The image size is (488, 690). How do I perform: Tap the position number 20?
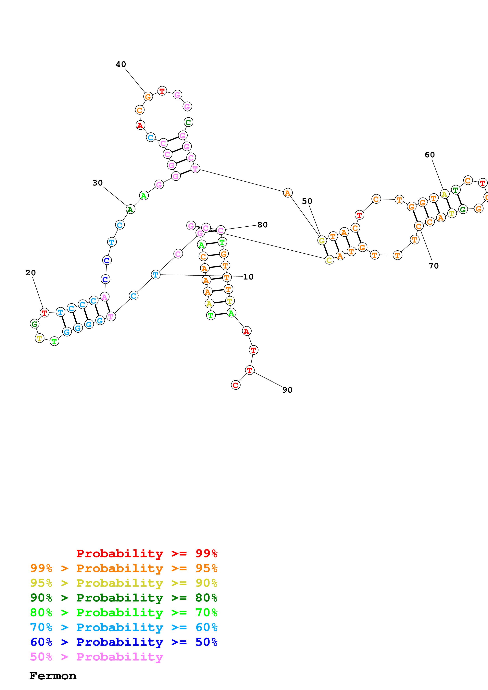click(x=30, y=273)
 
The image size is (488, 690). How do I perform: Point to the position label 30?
click(x=97, y=183)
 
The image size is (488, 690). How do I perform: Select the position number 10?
click(x=248, y=277)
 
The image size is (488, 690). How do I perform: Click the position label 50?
click(x=307, y=201)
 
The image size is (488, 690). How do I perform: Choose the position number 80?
click(x=262, y=225)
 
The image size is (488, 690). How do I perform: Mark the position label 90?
click(x=287, y=390)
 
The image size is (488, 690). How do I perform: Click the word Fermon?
click(x=53, y=676)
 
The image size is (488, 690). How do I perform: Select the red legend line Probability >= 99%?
click(x=147, y=553)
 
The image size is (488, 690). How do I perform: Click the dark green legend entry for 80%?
click(x=124, y=598)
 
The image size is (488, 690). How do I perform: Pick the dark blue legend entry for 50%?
click(x=124, y=642)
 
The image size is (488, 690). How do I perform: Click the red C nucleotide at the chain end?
click(x=235, y=385)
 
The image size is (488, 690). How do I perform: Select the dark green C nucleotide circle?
click(x=188, y=122)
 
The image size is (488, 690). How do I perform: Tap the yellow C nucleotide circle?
click(x=329, y=260)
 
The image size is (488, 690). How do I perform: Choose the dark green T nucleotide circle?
click(x=456, y=190)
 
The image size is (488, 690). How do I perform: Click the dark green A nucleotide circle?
click(x=130, y=209)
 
